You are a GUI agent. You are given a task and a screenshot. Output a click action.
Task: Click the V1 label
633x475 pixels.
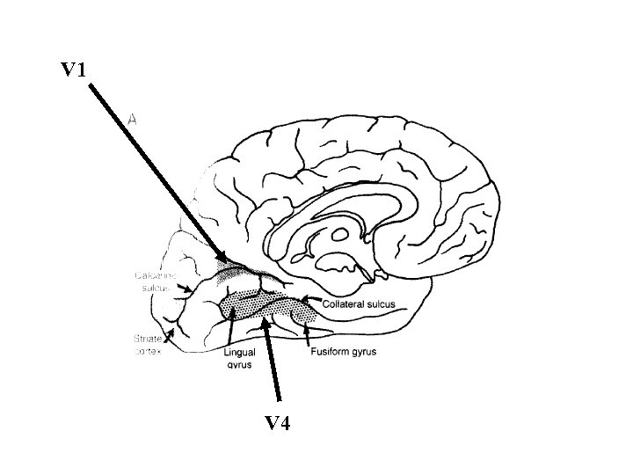[73, 70]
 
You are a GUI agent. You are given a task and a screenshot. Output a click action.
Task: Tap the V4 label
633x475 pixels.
[278, 425]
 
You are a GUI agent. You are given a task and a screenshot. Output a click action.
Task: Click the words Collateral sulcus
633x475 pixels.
[359, 304]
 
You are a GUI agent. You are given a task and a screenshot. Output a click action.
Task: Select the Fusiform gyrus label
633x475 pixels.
[343, 353]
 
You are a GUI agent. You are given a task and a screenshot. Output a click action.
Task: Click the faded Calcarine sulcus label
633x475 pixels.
[156, 281]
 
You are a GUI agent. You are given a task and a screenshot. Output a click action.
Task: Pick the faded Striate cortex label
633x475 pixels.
[148, 344]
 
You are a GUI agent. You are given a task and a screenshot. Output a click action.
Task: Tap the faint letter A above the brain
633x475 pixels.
[133, 117]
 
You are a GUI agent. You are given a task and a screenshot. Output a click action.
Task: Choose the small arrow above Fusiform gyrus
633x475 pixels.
[307, 333]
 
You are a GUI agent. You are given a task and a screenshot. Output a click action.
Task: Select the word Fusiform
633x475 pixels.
[330, 353]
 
